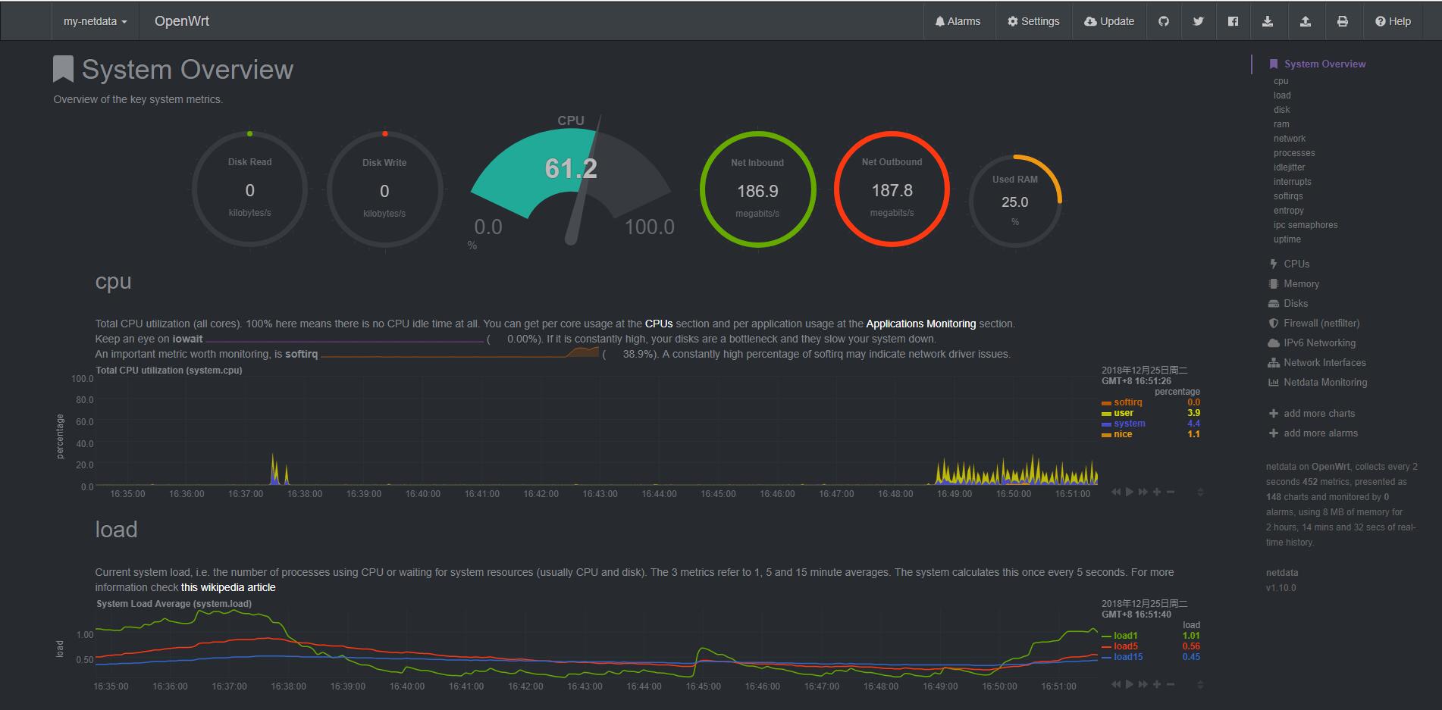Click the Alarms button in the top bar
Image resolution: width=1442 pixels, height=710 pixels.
coord(958,21)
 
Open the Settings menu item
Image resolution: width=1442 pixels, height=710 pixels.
coord(1033,21)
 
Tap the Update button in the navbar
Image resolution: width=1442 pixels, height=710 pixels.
coord(1109,21)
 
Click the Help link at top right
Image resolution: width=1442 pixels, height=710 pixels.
coord(1393,21)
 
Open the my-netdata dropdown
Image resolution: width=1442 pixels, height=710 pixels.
coord(96,21)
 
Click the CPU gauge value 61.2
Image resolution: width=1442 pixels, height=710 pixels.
coord(571,168)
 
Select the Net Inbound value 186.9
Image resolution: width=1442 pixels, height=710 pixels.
coord(757,191)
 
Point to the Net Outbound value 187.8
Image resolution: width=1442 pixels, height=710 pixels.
coord(892,190)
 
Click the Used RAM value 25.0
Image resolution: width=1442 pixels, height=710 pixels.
coord(1014,202)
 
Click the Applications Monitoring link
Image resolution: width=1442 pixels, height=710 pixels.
coord(920,324)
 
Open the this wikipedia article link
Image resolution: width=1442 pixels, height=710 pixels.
coord(228,587)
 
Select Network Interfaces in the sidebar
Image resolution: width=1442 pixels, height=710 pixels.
coord(1324,362)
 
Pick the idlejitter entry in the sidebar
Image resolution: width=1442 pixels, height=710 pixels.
coord(1289,167)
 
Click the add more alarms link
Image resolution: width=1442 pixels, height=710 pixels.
coord(1321,433)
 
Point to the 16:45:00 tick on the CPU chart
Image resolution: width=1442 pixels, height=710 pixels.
coord(718,494)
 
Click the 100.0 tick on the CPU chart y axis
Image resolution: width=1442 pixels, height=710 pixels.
coord(82,378)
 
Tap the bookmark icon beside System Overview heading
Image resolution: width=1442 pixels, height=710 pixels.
coord(63,69)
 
